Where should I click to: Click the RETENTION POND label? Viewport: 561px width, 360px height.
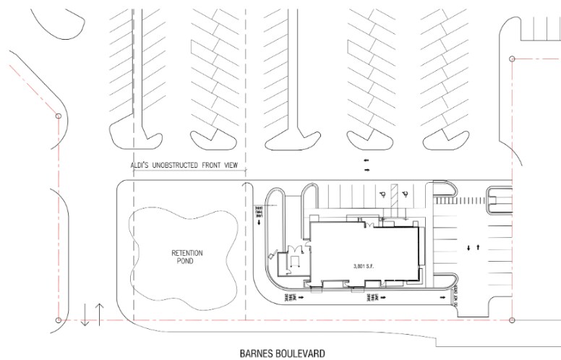(x=187, y=257)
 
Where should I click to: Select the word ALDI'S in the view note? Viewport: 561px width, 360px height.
(x=142, y=166)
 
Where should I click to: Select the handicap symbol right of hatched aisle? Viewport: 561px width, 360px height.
(x=406, y=194)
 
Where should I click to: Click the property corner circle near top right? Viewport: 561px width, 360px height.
(x=512, y=59)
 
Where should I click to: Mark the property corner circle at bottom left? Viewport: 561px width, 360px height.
(x=58, y=320)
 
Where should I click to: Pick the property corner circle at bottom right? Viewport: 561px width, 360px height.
(x=512, y=320)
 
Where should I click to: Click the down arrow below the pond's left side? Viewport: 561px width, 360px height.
(x=85, y=315)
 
